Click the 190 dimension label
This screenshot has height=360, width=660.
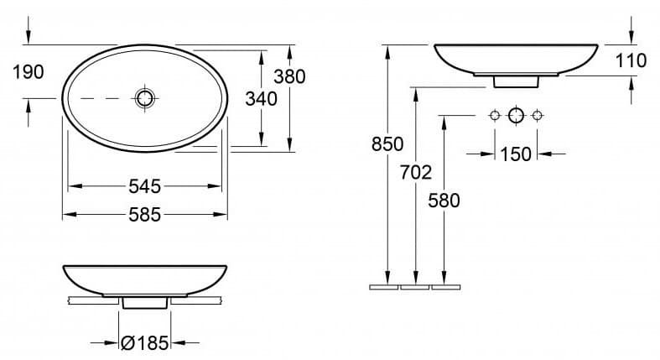point(29,72)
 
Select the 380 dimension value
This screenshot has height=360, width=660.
point(289,76)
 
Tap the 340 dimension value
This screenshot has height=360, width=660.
point(261,99)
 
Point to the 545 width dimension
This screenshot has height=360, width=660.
point(145,186)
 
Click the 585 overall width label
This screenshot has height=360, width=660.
point(145,215)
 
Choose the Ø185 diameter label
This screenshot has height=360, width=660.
point(144,343)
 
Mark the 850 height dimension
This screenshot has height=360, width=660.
point(387,144)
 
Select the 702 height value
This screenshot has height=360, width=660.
point(416,173)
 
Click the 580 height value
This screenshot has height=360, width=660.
point(444,201)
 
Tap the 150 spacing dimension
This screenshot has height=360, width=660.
point(516,154)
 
